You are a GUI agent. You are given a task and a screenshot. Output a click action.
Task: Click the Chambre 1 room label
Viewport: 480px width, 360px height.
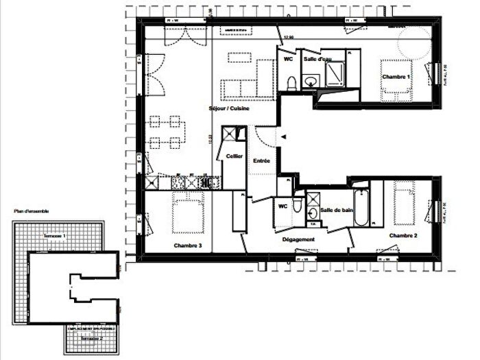coord(396,77)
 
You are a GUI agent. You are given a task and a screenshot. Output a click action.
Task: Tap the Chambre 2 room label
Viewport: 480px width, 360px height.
coord(404,235)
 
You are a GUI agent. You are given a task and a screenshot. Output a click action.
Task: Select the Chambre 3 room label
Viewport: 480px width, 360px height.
coord(187,245)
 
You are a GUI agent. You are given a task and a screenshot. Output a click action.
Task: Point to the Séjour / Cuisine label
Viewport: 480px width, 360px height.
coord(229,109)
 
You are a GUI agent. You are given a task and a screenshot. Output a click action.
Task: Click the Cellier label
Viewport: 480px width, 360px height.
coord(235,156)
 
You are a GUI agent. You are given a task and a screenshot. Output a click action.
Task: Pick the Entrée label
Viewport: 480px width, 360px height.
coord(262,160)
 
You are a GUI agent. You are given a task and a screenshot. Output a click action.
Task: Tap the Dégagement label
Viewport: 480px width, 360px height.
coord(298,239)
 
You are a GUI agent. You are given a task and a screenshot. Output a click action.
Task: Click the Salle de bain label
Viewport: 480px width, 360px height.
coord(336,210)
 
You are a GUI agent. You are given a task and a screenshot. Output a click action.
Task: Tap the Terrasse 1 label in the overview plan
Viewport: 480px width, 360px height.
coord(55,236)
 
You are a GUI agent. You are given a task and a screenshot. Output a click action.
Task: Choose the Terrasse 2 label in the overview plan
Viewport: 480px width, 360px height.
coord(91,338)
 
